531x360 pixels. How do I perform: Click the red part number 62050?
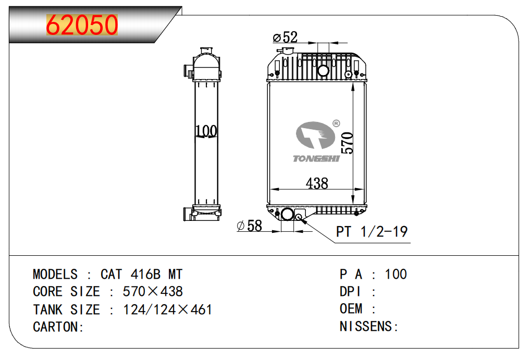pyautogui.click(x=82, y=24)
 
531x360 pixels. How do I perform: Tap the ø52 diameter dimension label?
pyautogui.click(x=285, y=38)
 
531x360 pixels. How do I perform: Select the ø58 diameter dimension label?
pyautogui.click(x=250, y=226)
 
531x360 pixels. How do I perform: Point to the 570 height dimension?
pyautogui.click(x=347, y=143)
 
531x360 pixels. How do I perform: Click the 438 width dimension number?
pyautogui.click(x=317, y=183)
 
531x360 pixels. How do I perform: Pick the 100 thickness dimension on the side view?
pyautogui.click(x=206, y=131)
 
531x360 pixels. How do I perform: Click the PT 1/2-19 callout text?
pyautogui.click(x=372, y=232)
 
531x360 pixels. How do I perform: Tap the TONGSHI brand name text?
pyautogui.click(x=316, y=158)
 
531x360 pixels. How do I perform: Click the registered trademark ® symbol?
pyautogui.click(x=336, y=123)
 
